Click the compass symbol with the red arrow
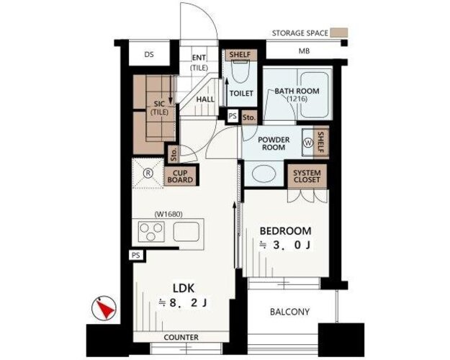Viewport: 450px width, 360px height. [104, 308]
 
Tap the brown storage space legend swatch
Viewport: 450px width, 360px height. [338, 32]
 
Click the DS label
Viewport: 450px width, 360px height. [149, 54]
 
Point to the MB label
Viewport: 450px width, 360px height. [305, 51]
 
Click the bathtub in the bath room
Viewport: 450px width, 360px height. [314, 94]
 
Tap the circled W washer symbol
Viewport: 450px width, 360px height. [308, 143]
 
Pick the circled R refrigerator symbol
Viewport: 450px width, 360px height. [148, 173]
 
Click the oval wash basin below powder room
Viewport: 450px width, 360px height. [264, 174]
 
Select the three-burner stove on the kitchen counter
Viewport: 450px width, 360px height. [151, 231]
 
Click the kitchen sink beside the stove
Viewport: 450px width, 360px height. [186, 231]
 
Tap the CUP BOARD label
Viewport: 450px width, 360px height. [180, 176]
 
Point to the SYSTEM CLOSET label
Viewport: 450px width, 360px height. [307, 176]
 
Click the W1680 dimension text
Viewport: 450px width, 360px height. [168, 214]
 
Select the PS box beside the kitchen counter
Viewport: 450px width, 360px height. [136, 255]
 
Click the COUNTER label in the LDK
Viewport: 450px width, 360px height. [181, 338]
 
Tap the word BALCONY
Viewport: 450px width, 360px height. [290, 312]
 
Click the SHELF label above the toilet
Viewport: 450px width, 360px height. [240, 54]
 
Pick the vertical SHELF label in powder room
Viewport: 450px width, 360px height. [320, 143]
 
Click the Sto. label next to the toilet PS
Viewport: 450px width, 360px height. [249, 117]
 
